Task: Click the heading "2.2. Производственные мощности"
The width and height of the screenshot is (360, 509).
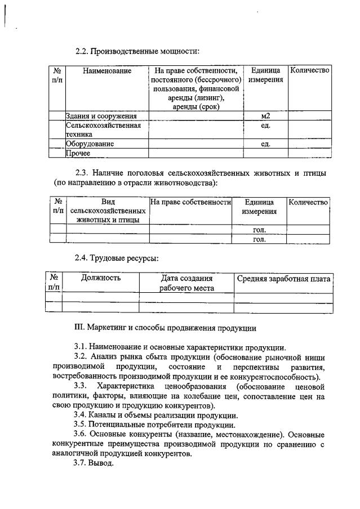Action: click(137, 52)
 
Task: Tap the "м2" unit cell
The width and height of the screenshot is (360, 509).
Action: click(265, 116)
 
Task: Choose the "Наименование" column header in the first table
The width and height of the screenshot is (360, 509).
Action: click(106, 71)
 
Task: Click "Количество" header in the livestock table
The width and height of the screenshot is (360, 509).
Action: click(308, 202)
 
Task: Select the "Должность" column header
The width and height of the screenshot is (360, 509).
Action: click(101, 278)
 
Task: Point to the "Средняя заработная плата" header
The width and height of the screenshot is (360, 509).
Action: click(283, 278)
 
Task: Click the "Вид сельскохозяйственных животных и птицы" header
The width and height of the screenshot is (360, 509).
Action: click(108, 211)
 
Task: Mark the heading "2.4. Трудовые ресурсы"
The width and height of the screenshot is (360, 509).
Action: click(117, 258)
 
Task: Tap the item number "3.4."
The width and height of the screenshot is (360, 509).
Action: click(83, 415)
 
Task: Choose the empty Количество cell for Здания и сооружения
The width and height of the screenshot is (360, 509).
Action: click(309, 116)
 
